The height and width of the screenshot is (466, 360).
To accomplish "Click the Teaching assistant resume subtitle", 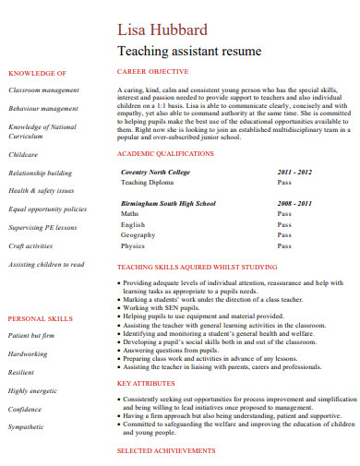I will pos(190,51).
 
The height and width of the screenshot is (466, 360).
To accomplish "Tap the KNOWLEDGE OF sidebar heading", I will pos(37,73).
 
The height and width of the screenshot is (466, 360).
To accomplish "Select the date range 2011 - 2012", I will pos(295,172).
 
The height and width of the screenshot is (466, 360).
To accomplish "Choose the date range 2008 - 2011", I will pos(295,203).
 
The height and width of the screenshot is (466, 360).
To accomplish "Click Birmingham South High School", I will pos(169,203).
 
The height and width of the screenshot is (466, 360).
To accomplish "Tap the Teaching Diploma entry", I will pos(149,183).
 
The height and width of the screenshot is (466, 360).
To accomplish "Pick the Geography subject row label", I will pos(138,235).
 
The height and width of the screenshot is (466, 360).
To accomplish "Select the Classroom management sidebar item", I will pos(43,90).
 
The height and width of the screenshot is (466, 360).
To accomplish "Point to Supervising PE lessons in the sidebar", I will pos(43,228).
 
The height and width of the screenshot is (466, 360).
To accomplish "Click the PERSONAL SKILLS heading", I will pos(40,318).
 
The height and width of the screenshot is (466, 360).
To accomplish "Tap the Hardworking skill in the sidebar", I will pos(28,353).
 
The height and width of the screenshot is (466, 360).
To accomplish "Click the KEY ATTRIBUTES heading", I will pos(146,383).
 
